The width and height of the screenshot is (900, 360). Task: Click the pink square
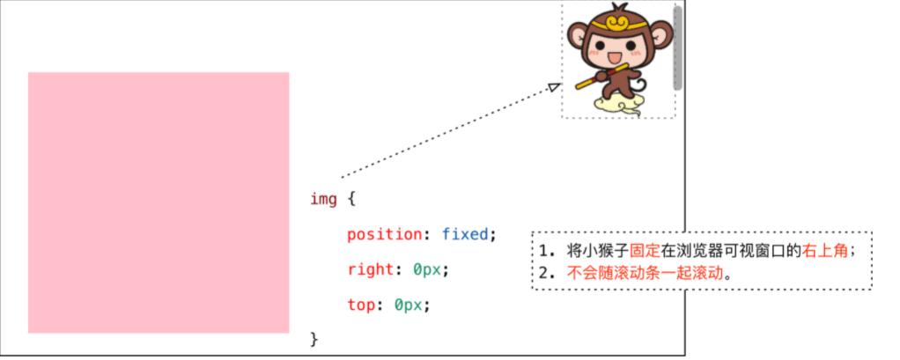point(159,202)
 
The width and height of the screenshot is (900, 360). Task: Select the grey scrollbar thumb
point(677,48)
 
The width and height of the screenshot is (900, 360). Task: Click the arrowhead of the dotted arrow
point(554,86)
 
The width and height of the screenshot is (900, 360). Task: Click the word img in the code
point(322,198)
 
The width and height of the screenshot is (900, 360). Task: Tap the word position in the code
point(384,234)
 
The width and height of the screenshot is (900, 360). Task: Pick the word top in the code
point(361,305)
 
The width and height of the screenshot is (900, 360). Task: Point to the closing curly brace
point(314,338)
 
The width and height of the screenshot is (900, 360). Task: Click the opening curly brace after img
point(350,198)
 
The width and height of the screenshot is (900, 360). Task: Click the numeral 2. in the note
point(549,272)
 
